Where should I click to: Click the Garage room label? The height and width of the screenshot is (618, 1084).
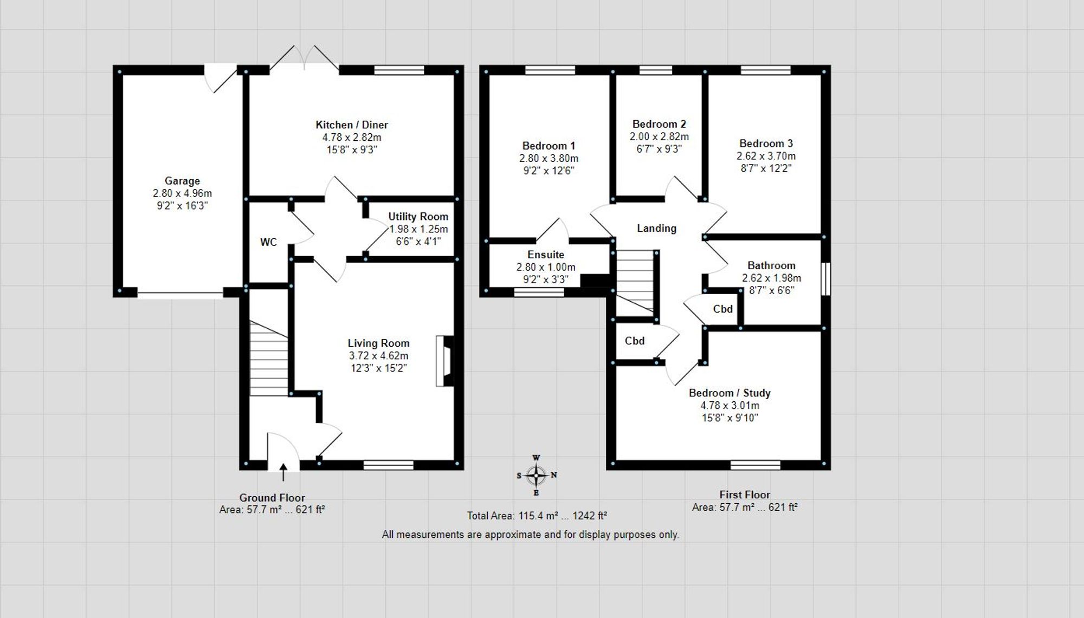point(182,181)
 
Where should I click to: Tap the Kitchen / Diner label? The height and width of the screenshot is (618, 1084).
point(352,125)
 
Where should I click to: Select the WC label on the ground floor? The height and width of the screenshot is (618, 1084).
point(268,242)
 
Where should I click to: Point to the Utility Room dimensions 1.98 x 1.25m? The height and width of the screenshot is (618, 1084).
point(418,229)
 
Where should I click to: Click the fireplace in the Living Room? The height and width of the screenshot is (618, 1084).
point(444,361)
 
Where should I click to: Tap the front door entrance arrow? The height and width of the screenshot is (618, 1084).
point(283,472)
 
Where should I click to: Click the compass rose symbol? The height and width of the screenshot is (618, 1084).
point(536,476)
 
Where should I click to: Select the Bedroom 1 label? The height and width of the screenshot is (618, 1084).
point(549,146)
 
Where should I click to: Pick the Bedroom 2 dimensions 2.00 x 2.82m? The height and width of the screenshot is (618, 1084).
point(659,136)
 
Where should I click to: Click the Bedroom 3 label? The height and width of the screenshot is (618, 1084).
point(766,144)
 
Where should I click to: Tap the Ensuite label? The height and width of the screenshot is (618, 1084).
point(546,255)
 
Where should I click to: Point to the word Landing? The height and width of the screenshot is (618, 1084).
point(656,229)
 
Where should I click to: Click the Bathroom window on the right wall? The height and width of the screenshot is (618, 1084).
point(825,279)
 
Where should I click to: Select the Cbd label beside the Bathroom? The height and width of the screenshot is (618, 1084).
point(722,309)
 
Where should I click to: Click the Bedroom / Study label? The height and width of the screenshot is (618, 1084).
point(730,393)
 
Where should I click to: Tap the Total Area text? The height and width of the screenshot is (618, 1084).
point(537,516)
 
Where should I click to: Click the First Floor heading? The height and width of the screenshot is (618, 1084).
point(745,495)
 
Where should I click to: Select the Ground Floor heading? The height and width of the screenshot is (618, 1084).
point(272,498)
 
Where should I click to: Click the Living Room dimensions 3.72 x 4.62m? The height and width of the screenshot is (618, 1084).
point(378,356)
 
